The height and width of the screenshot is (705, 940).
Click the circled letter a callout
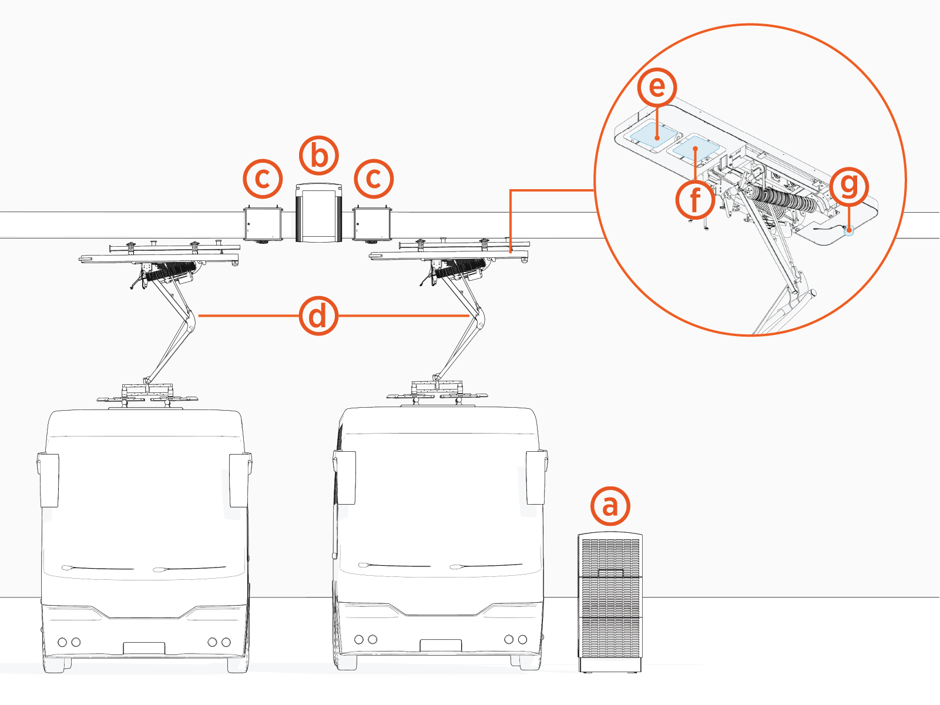pyautogui.click(x=610, y=506)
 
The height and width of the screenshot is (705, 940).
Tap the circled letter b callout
pyautogui.click(x=319, y=156)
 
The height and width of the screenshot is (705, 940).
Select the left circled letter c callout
pyautogui.click(x=263, y=179)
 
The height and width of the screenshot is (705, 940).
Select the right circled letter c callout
pyautogui.click(x=374, y=179)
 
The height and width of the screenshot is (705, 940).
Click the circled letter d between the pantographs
pyautogui.click(x=318, y=316)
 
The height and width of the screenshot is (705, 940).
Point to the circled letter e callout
pyautogui.click(x=657, y=87)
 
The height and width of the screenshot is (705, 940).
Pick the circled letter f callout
pyautogui.click(x=695, y=200)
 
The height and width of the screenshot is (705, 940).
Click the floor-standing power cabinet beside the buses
pyautogui.click(x=610, y=602)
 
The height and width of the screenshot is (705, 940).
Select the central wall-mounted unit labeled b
pyautogui.click(x=319, y=213)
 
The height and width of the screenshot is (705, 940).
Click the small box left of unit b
pyautogui.click(x=263, y=223)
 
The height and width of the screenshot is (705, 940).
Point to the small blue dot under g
pyautogui.click(x=848, y=231)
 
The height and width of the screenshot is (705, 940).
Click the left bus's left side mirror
pyautogui.click(x=48, y=479)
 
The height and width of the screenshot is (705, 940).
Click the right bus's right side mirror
pyautogui.click(x=536, y=477)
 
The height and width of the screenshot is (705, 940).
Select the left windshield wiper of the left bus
pyautogui.click(x=97, y=568)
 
